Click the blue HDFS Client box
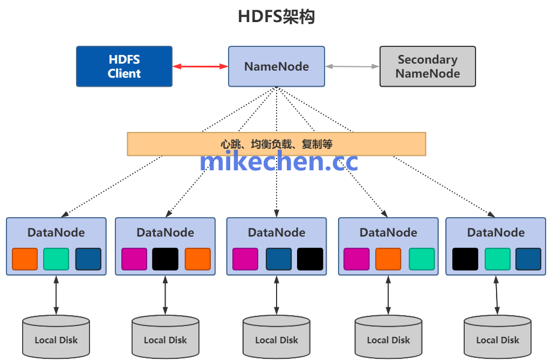(124, 66)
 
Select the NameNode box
(276, 66)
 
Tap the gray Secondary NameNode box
(428, 66)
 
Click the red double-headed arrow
(200, 66)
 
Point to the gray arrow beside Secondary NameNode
(352, 66)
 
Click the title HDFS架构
(276, 17)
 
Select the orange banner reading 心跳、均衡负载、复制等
(276, 144)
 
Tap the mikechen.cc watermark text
(278, 161)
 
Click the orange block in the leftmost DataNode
(25, 259)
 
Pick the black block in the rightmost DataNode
(465, 259)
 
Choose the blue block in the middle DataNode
(278, 259)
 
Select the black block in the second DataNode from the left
(165, 259)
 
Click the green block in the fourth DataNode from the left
(422, 259)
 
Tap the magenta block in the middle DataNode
(245, 259)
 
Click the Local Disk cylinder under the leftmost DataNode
(56, 336)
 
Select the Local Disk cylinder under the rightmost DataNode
(497, 336)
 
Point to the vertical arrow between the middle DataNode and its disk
(277, 295)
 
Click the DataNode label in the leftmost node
(56, 232)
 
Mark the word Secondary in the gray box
(428, 59)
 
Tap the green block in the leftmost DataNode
(56, 259)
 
